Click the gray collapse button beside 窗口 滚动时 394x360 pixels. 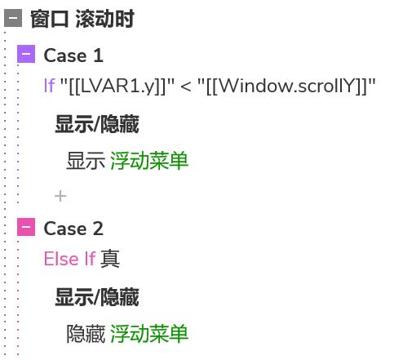coord(13,18)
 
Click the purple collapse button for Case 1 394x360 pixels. coord(26,54)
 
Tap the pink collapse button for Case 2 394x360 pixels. coord(26,227)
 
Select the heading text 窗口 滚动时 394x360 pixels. coord(82,19)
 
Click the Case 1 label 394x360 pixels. coord(73,56)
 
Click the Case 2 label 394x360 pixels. coord(73,229)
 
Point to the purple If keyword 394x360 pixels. coord(50,86)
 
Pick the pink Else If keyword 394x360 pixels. coord(69,259)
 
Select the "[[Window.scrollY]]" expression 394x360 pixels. coord(286,87)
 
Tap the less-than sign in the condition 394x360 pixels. coord(186,87)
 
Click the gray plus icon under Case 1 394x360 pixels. coord(60,196)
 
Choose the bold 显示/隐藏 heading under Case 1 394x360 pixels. coord(97,124)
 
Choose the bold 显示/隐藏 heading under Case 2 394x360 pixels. coord(97,297)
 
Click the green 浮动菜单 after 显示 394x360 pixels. coord(149,161)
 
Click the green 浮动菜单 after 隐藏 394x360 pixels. coord(149,334)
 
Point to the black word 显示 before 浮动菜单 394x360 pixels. coord(86,161)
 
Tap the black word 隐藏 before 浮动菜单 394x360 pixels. coord(86,334)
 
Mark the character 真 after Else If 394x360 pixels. coord(110,259)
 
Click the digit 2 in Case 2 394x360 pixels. coord(98,229)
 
